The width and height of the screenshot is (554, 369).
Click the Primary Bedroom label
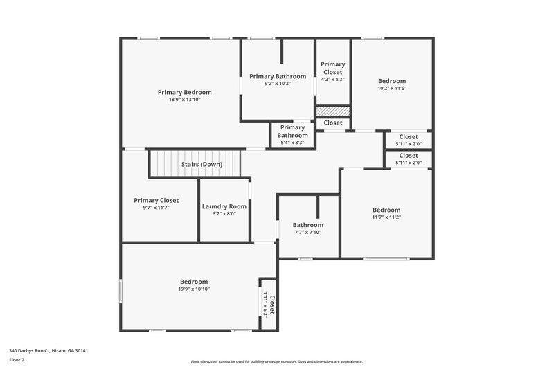point(184,92)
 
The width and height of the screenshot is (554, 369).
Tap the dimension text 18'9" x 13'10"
point(184,100)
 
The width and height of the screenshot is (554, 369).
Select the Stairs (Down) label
point(202,165)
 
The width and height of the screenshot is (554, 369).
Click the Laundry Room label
point(224,206)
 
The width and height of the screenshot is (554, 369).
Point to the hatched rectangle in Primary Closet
point(332,111)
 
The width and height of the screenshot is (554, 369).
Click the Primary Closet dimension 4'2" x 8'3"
point(332,80)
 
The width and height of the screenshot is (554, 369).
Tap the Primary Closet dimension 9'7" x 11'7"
point(156,208)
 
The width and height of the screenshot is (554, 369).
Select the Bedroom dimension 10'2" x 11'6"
point(391,89)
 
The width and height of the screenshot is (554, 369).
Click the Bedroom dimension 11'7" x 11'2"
point(386,217)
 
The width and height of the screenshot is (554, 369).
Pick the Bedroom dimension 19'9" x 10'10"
point(194,289)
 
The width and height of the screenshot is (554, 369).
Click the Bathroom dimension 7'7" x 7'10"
point(307,233)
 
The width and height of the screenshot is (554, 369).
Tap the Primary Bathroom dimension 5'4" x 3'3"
point(292,143)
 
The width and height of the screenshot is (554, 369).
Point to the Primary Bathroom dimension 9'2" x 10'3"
point(277,84)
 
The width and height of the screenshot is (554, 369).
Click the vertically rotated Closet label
point(272,305)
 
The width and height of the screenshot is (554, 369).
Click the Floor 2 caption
point(17,360)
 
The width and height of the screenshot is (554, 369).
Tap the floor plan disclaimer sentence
point(277,361)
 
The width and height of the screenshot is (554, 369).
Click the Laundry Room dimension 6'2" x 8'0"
point(224,214)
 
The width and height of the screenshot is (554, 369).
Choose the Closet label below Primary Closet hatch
point(332,123)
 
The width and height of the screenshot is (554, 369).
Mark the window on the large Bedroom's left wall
point(120,291)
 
